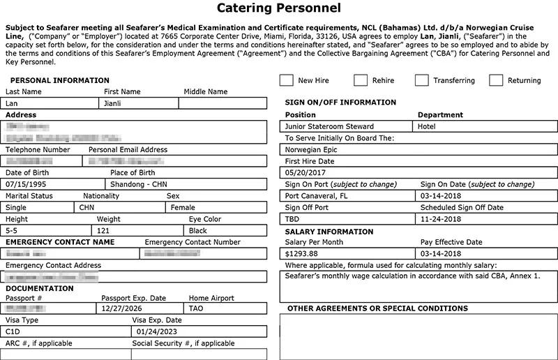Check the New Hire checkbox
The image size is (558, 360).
[x=286, y=80]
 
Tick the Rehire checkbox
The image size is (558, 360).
[x=361, y=80]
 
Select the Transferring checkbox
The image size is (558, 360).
[x=421, y=80]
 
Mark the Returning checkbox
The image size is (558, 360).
[x=496, y=80]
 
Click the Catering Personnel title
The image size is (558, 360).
[x=279, y=9]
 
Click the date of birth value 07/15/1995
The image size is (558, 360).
[x=26, y=185]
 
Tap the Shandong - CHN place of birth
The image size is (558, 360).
[x=140, y=185]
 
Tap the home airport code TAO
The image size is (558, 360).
[x=197, y=308]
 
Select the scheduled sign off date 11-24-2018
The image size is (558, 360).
[x=443, y=219]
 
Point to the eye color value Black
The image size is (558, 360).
[x=198, y=230]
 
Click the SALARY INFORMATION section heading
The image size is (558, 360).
[x=329, y=232]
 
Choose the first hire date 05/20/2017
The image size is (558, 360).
[x=306, y=172]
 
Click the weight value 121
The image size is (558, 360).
[x=103, y=230]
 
